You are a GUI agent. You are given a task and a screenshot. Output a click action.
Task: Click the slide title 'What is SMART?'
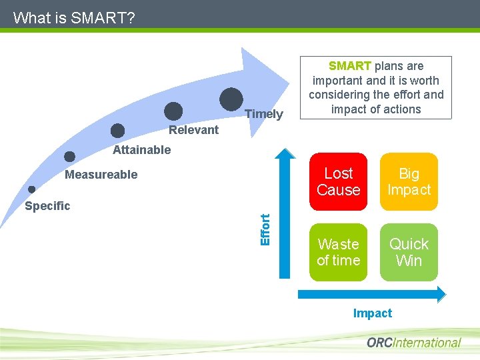coord(73,17)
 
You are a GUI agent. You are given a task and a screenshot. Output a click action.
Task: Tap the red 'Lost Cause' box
coord(339,181)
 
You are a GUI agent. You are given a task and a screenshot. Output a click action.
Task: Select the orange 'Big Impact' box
coord(409,181)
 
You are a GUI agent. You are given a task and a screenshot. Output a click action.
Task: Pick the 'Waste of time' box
coord(339,252)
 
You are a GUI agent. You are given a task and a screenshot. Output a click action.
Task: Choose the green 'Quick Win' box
coord(409,252)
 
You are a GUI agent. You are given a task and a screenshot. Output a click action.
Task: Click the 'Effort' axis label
coord(265,229)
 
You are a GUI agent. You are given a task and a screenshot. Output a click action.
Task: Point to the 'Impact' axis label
coord(373,313)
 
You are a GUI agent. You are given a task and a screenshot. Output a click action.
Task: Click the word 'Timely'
coord(264,114)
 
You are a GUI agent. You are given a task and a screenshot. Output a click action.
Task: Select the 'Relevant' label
coord(193,130)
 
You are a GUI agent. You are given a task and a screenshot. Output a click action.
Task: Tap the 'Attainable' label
coord(141,150)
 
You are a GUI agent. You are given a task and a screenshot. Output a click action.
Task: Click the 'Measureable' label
coord(101,175)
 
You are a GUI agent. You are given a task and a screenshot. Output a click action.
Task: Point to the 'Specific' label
coord(47,206)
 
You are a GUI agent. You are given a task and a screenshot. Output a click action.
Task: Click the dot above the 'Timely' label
coord(231,99)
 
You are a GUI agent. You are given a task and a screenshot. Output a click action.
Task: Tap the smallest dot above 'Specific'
coord(31,189)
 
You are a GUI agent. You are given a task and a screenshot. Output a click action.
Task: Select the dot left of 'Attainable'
coord(70,157)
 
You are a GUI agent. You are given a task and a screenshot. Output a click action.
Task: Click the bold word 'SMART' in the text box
coord(350,66)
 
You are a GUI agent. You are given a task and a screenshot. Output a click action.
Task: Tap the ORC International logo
coord(413,343)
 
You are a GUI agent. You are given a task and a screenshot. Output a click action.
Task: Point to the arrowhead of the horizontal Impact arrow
coord(441,293)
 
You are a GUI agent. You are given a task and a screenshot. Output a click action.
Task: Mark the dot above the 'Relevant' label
coord(173,111)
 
